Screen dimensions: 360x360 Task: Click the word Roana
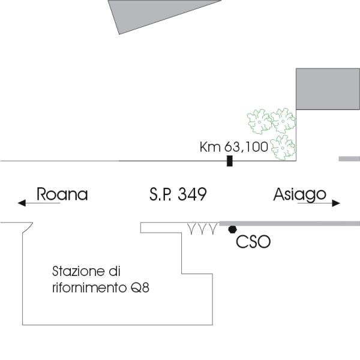[x=62, y=194]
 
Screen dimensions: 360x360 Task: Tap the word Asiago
[x=299, y=194]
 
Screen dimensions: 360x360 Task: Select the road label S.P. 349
[x=178, y=194]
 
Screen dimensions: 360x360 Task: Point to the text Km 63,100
[x=233, y=147]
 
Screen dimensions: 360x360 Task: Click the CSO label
[x=253, y=242]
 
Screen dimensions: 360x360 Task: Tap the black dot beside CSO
[x=232, y=229]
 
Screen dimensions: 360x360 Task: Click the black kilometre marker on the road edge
[x=229, y=161]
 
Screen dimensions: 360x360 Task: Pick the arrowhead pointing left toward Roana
[x=22, y=203]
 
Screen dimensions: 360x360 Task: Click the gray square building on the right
[x=328, y=89]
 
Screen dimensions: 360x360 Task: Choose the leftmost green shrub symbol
[x=260, y=121]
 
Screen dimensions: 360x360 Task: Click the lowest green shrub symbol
[x=281, y=147]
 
